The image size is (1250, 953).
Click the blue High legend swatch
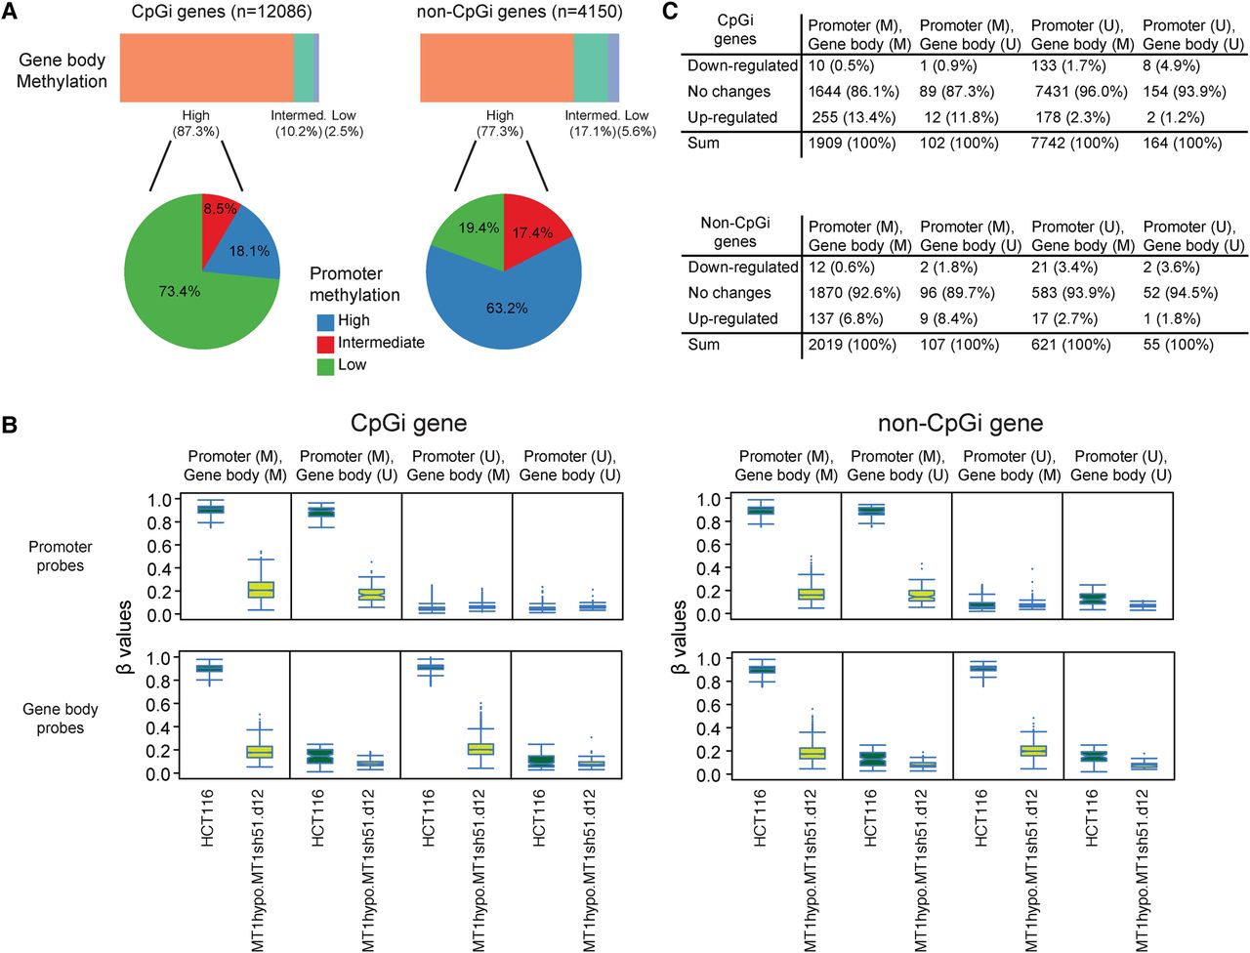tap(326, 321)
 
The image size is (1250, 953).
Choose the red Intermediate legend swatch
tap(326, 344)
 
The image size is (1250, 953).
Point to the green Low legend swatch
tap(326, 366)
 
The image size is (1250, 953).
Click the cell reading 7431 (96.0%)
tap(1079, 92)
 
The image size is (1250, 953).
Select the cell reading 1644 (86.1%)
tap(853, 92)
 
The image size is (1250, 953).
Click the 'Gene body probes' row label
tap(61, 719)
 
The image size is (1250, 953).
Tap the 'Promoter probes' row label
tap(61, 557)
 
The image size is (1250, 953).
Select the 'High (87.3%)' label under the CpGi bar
tap(196, 123)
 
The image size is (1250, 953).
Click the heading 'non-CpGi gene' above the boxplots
tap(960, 423)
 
